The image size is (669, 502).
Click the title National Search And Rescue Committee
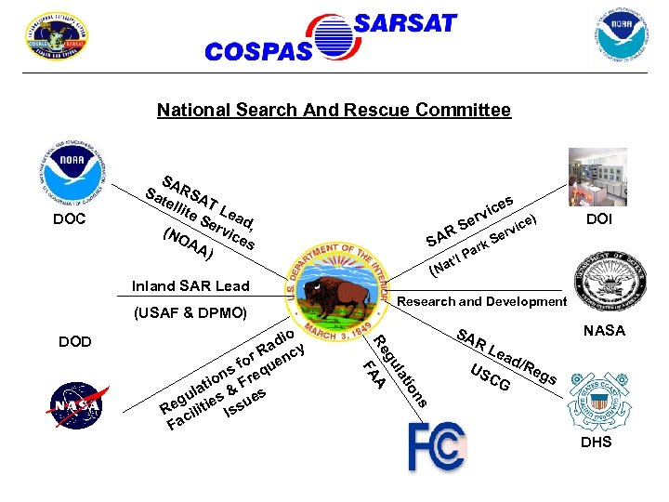click(334, 111)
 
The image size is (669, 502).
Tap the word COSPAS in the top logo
click(257, 52)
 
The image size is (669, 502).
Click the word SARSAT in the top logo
click(406, 23)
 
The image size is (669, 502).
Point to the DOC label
click(70, 219)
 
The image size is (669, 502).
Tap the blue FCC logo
click(435, 447)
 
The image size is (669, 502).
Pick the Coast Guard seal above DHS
click(599, 402)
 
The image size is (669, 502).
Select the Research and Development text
click(481, 301)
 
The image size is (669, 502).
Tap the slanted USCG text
click(490, 377)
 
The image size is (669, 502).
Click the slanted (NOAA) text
click(187, 242)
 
